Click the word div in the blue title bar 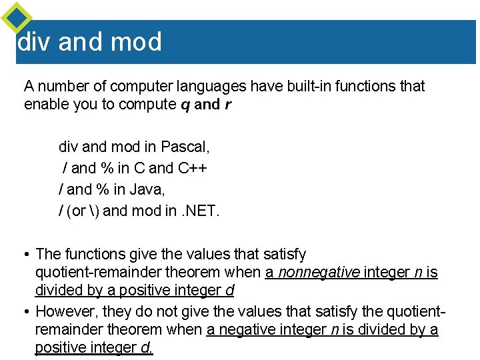pos(34,42)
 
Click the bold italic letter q pos(185,105)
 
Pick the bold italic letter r pos(228,105)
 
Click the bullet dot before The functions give pos(27,255)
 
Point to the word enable pos(44,105)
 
